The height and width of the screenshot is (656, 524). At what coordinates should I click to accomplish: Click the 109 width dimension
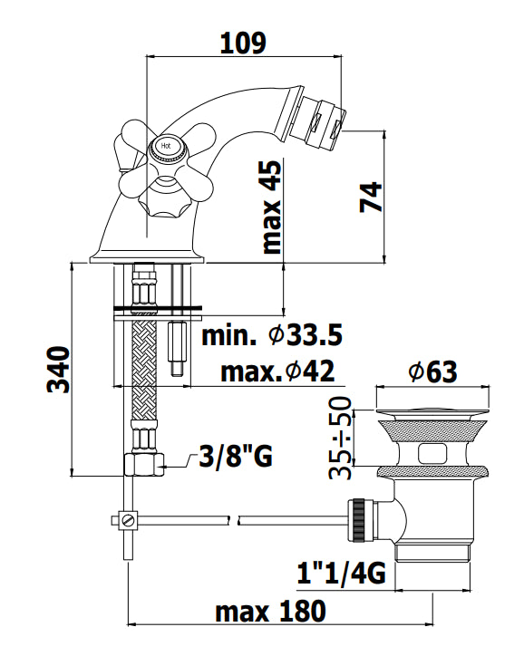click(x=243, y=43)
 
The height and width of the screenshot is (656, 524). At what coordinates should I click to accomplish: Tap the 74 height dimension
click(x=371, y=197)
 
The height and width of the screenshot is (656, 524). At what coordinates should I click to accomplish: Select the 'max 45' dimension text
click(x=271, y=207)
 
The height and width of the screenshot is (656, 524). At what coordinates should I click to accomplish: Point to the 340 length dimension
click(x=58, y=369)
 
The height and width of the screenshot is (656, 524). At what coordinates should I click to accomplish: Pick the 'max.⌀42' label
click(x=277, y=371)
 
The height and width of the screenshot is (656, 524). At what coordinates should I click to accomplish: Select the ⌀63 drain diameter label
click(x=432, y=371)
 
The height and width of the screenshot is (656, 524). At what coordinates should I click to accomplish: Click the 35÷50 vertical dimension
click(x=340, y=438)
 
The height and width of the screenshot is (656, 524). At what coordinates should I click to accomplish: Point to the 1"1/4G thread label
click(x=341, y=573)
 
